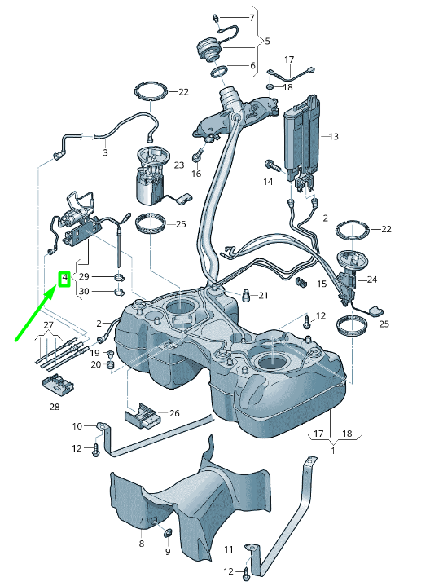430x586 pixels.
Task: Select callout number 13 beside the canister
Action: click(x=332, y=136)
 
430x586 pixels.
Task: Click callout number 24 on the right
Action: click(x=372, y=280)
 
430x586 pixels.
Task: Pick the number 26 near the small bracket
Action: click(x=174, y=413)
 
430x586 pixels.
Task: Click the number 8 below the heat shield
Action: click(x=141, y=543)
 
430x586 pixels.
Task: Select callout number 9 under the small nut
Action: click(x=169, y=552)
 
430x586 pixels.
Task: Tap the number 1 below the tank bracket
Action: click(x=332, y=449)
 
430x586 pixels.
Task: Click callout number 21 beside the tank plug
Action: click(x=263, y=295)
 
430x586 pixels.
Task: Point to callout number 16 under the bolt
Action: click(x=196, y=174)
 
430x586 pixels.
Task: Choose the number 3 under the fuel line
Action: click(x=105, y=152)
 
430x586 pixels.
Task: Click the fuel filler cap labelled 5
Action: click(x=208, y=49)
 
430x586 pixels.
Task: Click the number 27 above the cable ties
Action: click(x=49, y=326)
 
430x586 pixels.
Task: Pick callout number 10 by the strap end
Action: click(x=77, y=425)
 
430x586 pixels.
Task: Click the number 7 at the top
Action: click(x=251, y=17)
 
